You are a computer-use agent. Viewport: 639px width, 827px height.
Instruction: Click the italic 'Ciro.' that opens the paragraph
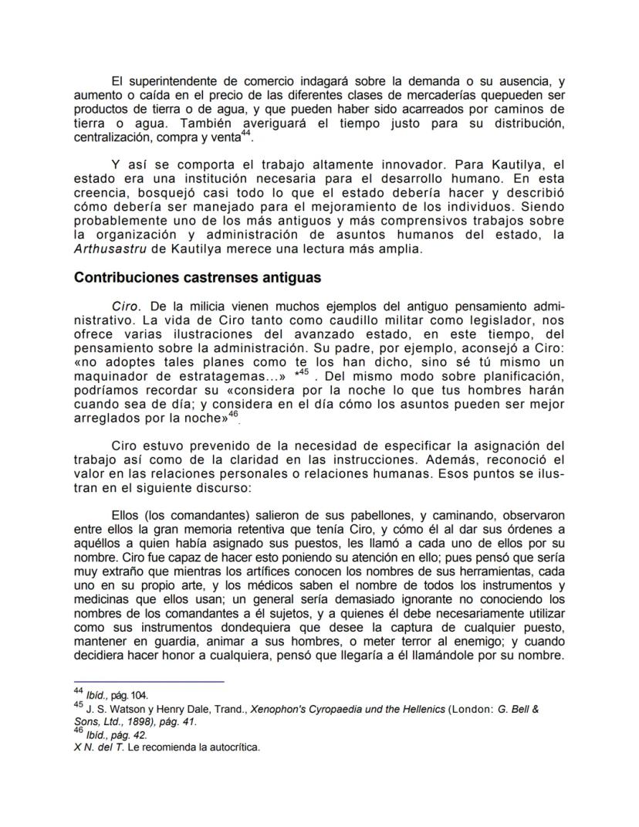click(127, 306)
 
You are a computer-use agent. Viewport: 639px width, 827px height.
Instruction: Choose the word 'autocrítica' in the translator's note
click(229, 747)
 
